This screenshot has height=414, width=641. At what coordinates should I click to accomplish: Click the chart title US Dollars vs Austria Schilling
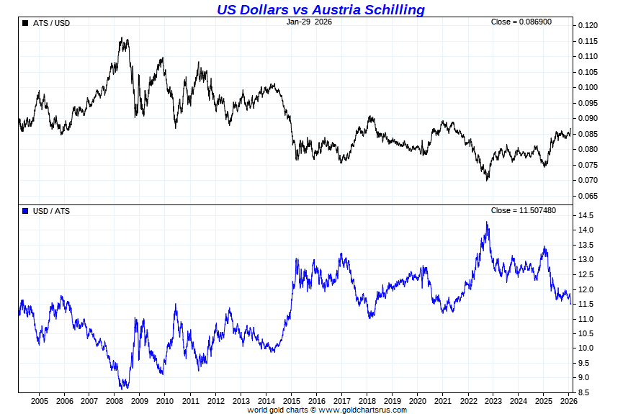tap(320, 9)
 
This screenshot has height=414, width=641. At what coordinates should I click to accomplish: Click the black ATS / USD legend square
tap(26, 23)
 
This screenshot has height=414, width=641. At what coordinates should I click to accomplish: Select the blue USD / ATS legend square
tap(26, 211)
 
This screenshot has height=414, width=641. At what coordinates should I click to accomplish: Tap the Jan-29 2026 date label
tap(309, 22)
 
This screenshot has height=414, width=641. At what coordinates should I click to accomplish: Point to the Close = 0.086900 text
tap(521, 22)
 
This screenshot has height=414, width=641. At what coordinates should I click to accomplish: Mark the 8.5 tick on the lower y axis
tap(584, 392)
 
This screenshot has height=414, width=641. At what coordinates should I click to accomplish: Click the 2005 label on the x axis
tap(39, 401)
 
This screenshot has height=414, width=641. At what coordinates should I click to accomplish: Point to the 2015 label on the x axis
tap(292, 401)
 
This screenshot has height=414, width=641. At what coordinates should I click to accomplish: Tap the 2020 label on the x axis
tap(418, 401)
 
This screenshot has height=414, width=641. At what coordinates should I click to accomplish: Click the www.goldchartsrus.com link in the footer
tap(362, 410)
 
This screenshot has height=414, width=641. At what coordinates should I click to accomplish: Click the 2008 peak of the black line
tap(123, 39)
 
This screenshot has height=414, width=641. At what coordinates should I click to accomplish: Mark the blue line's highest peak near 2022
tap(487, 222)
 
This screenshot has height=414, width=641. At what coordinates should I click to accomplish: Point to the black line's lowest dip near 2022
tap(488, 179)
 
